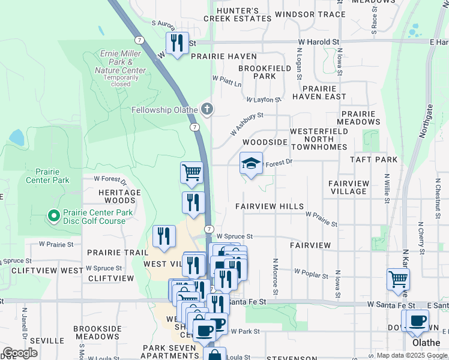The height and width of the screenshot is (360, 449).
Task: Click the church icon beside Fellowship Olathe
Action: pos(207,109)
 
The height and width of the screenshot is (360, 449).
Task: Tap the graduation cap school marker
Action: pos(251,163)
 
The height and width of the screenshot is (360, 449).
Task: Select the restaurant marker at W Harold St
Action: pos(176,43)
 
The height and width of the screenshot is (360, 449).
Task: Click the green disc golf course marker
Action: pos(53,214)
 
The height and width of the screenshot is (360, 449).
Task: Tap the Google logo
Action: pos(20,353)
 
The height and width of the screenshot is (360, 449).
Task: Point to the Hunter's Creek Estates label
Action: pos(231,14)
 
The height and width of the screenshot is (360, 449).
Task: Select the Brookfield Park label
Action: pos(265,72)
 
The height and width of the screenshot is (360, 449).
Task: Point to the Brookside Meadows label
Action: pos(97,332)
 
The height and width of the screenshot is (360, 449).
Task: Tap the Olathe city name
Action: pos(427,343)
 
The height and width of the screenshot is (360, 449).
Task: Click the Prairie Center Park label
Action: pos(47,176)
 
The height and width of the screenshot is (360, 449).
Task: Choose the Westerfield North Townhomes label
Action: pos(318,139)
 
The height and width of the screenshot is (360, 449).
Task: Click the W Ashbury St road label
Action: pos(247,124)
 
